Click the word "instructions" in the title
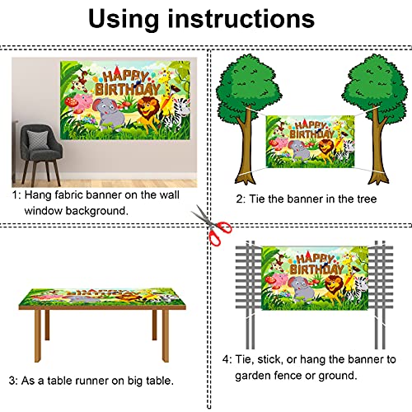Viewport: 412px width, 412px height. point(241,19)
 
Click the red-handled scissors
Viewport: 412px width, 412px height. point(213,226)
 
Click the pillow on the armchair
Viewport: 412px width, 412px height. point(39,140)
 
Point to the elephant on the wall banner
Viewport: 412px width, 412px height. point(108,113)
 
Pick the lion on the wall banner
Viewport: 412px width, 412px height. point(147,113)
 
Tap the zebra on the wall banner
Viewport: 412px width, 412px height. point(178,114)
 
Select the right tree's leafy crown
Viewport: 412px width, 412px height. point(375,88)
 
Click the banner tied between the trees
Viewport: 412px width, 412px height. point(310,141)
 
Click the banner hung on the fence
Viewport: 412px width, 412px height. point(315,278)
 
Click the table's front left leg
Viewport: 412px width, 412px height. point(38,335)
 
